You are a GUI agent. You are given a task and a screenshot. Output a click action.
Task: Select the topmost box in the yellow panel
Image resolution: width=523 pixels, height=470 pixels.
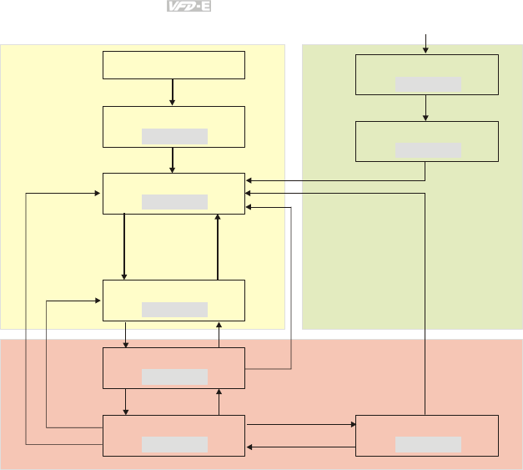click(x=173, y=65)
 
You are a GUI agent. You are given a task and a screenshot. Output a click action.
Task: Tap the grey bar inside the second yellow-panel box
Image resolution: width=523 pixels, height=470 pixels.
click(x=174, y=136)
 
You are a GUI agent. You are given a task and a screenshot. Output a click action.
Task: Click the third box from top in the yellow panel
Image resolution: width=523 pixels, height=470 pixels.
click(x=173, y=194)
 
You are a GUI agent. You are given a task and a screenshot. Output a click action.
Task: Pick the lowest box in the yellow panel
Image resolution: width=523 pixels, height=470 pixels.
click(x=173, y=301)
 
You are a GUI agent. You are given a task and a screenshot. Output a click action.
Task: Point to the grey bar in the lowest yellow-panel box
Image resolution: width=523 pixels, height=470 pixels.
click(x=174, y=310)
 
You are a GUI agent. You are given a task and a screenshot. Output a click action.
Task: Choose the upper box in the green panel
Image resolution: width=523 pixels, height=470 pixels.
click(x=427, y=74)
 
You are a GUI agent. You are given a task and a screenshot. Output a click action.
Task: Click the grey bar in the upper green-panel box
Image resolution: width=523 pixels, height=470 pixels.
click(x=428, y=84)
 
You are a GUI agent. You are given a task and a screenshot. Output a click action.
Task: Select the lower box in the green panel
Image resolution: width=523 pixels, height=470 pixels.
click(x=427, y=141)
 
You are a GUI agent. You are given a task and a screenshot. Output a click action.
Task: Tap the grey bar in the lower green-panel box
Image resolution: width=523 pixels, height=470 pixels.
click(x=428, y=150)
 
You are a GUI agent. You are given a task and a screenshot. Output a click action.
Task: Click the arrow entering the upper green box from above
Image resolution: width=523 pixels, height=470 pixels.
click(x=427, y=43)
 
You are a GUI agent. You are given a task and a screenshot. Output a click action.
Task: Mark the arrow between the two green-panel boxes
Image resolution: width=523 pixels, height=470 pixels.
click(x=427, y=108)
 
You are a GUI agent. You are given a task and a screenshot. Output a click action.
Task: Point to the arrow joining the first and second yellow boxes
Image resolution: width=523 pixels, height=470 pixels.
click(x=173, y=92)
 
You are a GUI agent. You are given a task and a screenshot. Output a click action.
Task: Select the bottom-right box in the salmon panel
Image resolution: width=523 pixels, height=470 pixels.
click(x=427, y=435)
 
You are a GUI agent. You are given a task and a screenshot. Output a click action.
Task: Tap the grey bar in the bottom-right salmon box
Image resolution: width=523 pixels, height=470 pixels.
click(x=428, y=444)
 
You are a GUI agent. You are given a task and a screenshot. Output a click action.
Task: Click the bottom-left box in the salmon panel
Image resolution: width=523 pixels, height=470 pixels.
click(x=173, y=435)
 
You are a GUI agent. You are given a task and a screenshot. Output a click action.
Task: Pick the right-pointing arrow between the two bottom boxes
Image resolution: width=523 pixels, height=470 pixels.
click(x=300, y=424)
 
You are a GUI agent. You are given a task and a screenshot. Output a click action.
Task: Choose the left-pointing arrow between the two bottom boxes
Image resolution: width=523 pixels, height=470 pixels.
click(x=300, y=447)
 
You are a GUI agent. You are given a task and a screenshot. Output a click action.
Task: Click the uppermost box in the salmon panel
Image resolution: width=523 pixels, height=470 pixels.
click(x=173, y=368)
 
